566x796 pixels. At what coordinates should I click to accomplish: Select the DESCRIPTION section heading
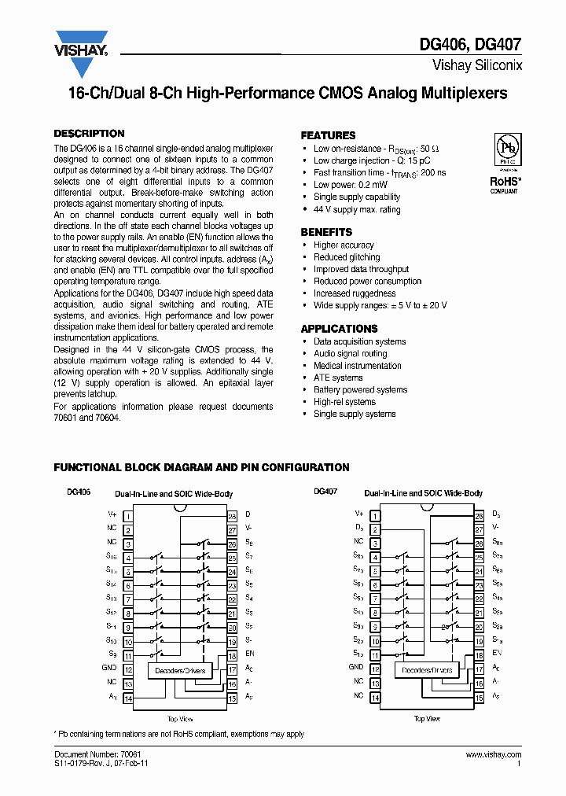pos(89,134)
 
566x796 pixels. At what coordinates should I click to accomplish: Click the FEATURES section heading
pos(328,135)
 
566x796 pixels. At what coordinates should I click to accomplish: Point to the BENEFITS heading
pos(326,232)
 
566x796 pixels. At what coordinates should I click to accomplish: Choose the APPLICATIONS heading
pos(339,329)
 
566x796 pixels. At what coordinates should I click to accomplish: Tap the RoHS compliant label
pos(504,183)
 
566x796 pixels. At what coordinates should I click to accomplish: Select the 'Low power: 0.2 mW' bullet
pos(350,185)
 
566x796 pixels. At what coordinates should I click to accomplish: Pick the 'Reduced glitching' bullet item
pos(347,257)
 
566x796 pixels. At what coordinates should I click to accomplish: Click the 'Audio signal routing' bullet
pos(350,354)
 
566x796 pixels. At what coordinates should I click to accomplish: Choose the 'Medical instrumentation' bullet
pos(357,366)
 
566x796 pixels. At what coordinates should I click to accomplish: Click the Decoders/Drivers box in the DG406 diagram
pos(177,671)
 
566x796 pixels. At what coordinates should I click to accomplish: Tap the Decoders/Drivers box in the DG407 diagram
pos(427,671)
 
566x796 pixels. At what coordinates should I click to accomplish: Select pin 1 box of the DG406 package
pos(127,515)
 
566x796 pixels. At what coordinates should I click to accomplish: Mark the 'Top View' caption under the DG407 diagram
pos(427,719)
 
